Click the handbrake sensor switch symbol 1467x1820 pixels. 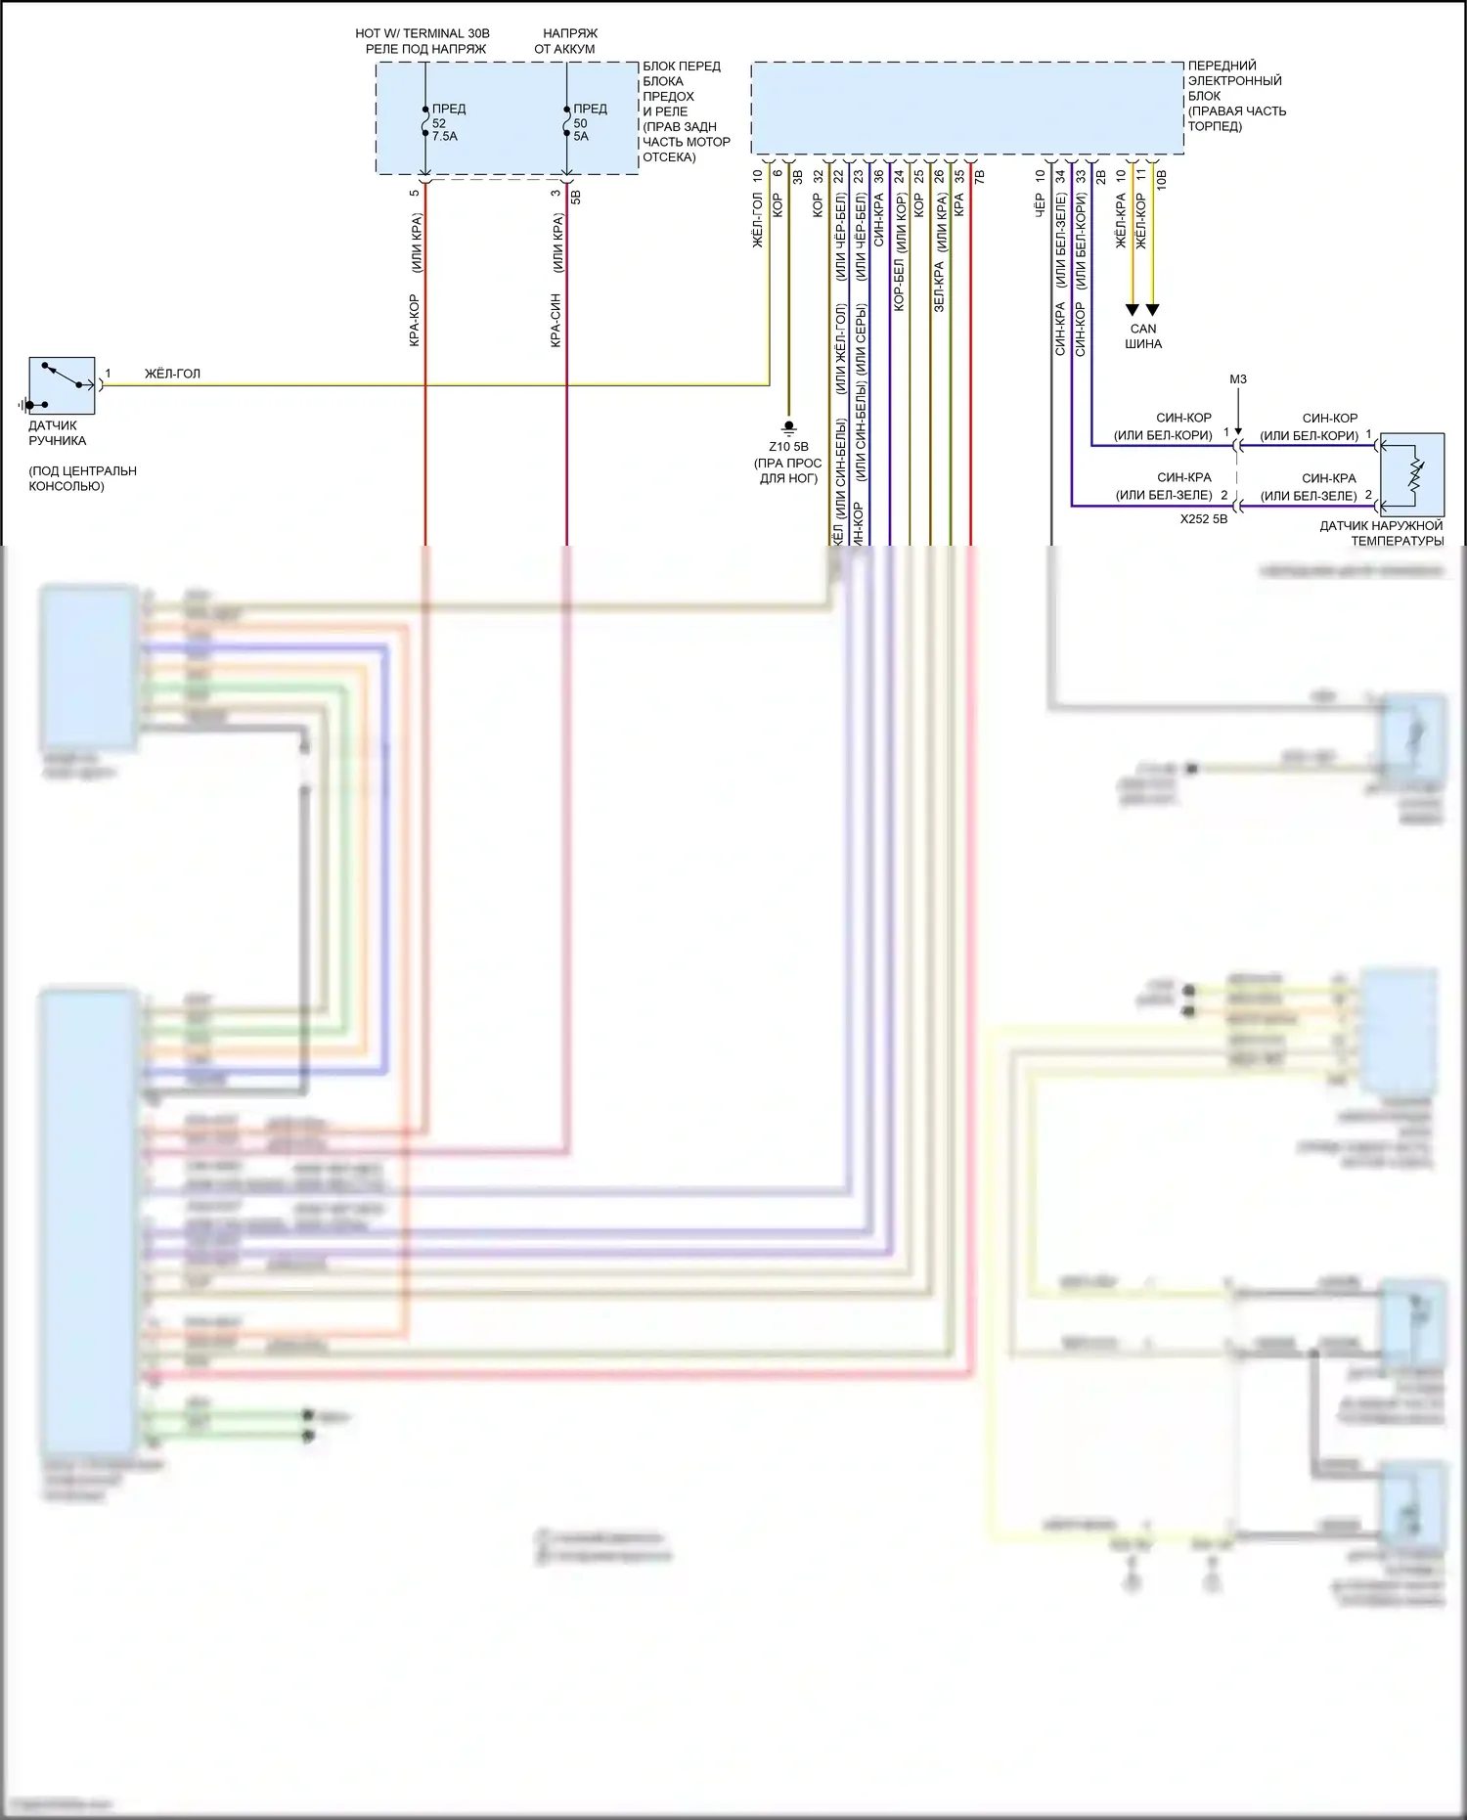click(x=62, y=385)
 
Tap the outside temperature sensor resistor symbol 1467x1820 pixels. click(x=1414, y=475)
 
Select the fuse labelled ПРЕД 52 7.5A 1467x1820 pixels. click(x=425, y=121)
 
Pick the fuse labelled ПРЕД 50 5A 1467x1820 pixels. click(x=566, y=121)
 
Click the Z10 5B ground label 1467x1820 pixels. click(x=788, y=447)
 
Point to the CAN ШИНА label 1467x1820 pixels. click(x=1143, y=336)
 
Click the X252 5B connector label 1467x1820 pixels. click(x=1203, y=519)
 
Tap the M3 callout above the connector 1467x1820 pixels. click(x=1238, y=379)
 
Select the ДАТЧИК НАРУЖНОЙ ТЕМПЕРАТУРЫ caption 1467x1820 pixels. click(x=1381, y=533)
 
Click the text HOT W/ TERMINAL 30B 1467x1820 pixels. click(x=422, y=33)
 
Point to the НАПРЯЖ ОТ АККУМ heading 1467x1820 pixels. click(x=567, y=41)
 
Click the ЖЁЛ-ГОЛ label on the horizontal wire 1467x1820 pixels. click(x=172, y=374)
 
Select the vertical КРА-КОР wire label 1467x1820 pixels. click(x=415, y=320)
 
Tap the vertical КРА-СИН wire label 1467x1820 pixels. click(x=556, y=320)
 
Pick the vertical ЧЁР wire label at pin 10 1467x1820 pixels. click(x=1040, y=204)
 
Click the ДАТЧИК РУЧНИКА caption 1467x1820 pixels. click(x=57, y=433)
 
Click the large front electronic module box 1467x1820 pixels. click(x=966, y=109)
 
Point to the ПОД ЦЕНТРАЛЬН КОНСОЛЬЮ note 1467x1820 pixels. click(x=82, y=478)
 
